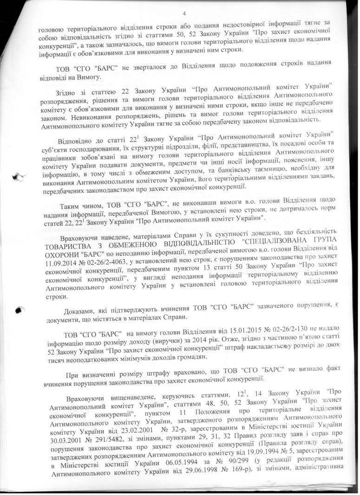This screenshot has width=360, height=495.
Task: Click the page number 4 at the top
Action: [184, 13]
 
